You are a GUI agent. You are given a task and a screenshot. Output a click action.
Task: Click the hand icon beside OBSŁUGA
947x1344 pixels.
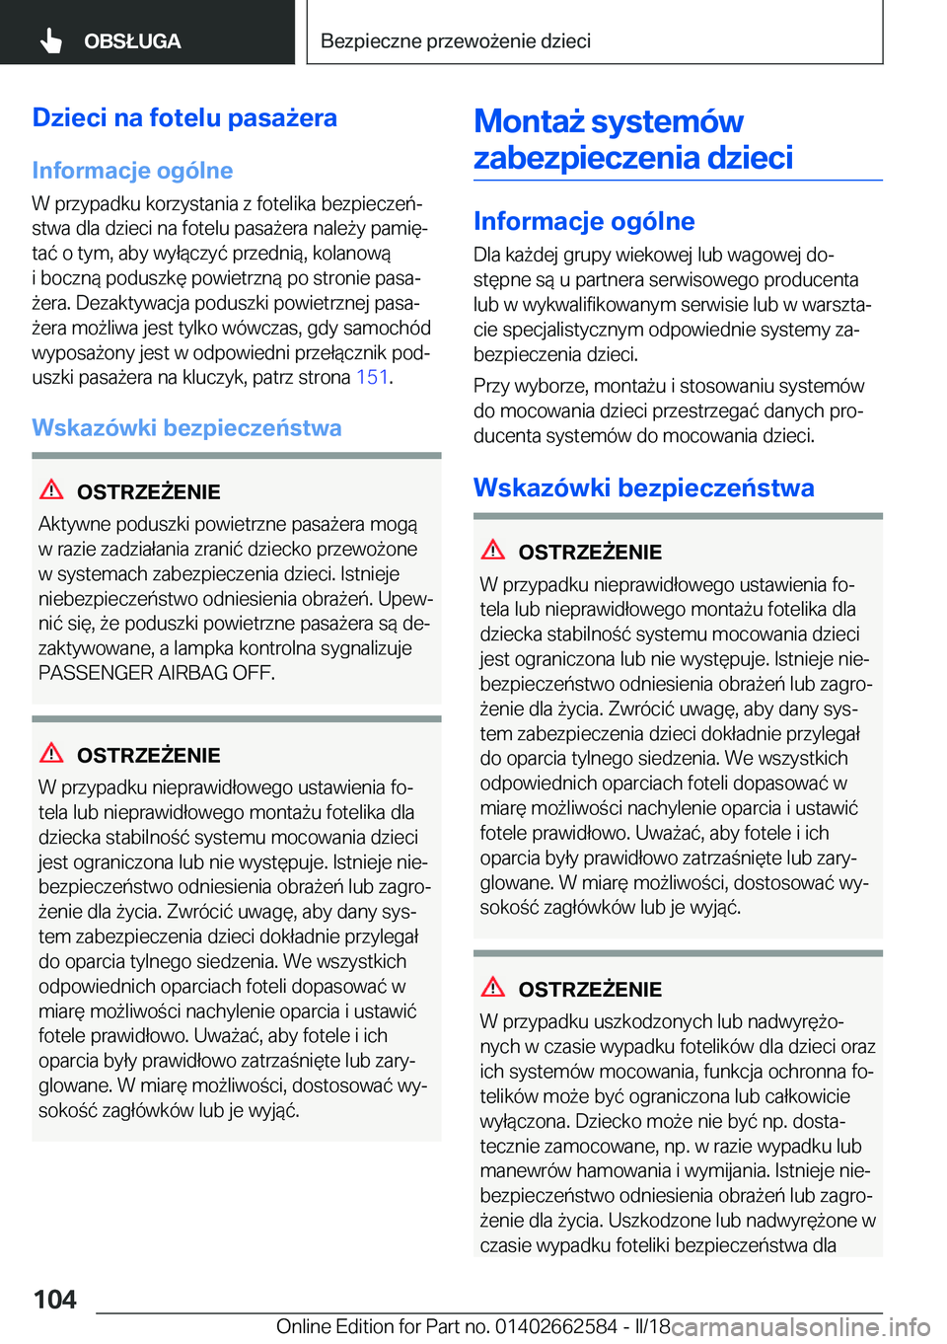click(51, 40)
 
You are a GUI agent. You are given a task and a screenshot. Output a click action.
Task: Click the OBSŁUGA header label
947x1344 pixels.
click(132, 41)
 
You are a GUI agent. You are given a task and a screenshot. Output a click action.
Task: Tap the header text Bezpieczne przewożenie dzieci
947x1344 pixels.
click(456, 40)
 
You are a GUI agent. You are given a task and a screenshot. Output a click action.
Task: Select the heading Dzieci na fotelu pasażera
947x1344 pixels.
click(184, 117)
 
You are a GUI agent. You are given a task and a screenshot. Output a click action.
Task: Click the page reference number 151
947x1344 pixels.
click(372, 377)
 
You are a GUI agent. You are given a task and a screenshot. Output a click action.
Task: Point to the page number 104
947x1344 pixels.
click(55, 1299)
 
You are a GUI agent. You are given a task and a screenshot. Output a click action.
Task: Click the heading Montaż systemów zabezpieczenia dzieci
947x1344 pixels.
click(632, 139)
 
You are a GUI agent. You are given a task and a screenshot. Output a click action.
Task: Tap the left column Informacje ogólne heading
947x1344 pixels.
click(132, 171)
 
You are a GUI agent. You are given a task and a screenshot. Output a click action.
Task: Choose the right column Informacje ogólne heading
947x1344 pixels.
click(584, 221)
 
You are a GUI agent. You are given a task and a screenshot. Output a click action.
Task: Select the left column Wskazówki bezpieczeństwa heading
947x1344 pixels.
click(186, 427)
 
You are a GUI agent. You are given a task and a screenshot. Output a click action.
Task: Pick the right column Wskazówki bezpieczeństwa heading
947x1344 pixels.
click(643, 487)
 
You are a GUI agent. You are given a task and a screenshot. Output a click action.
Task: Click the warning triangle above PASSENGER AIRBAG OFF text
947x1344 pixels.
click(51, 489)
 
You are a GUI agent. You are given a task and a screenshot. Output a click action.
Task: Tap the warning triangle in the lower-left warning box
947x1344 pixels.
click(51, 753)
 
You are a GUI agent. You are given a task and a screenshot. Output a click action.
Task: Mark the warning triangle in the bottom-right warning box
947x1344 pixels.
click(493, 987)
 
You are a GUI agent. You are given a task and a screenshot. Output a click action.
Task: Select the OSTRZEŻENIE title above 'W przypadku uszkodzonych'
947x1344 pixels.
click(590, 989)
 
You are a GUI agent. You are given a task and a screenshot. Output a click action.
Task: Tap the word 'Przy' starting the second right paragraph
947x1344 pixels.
click(491, 386)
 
